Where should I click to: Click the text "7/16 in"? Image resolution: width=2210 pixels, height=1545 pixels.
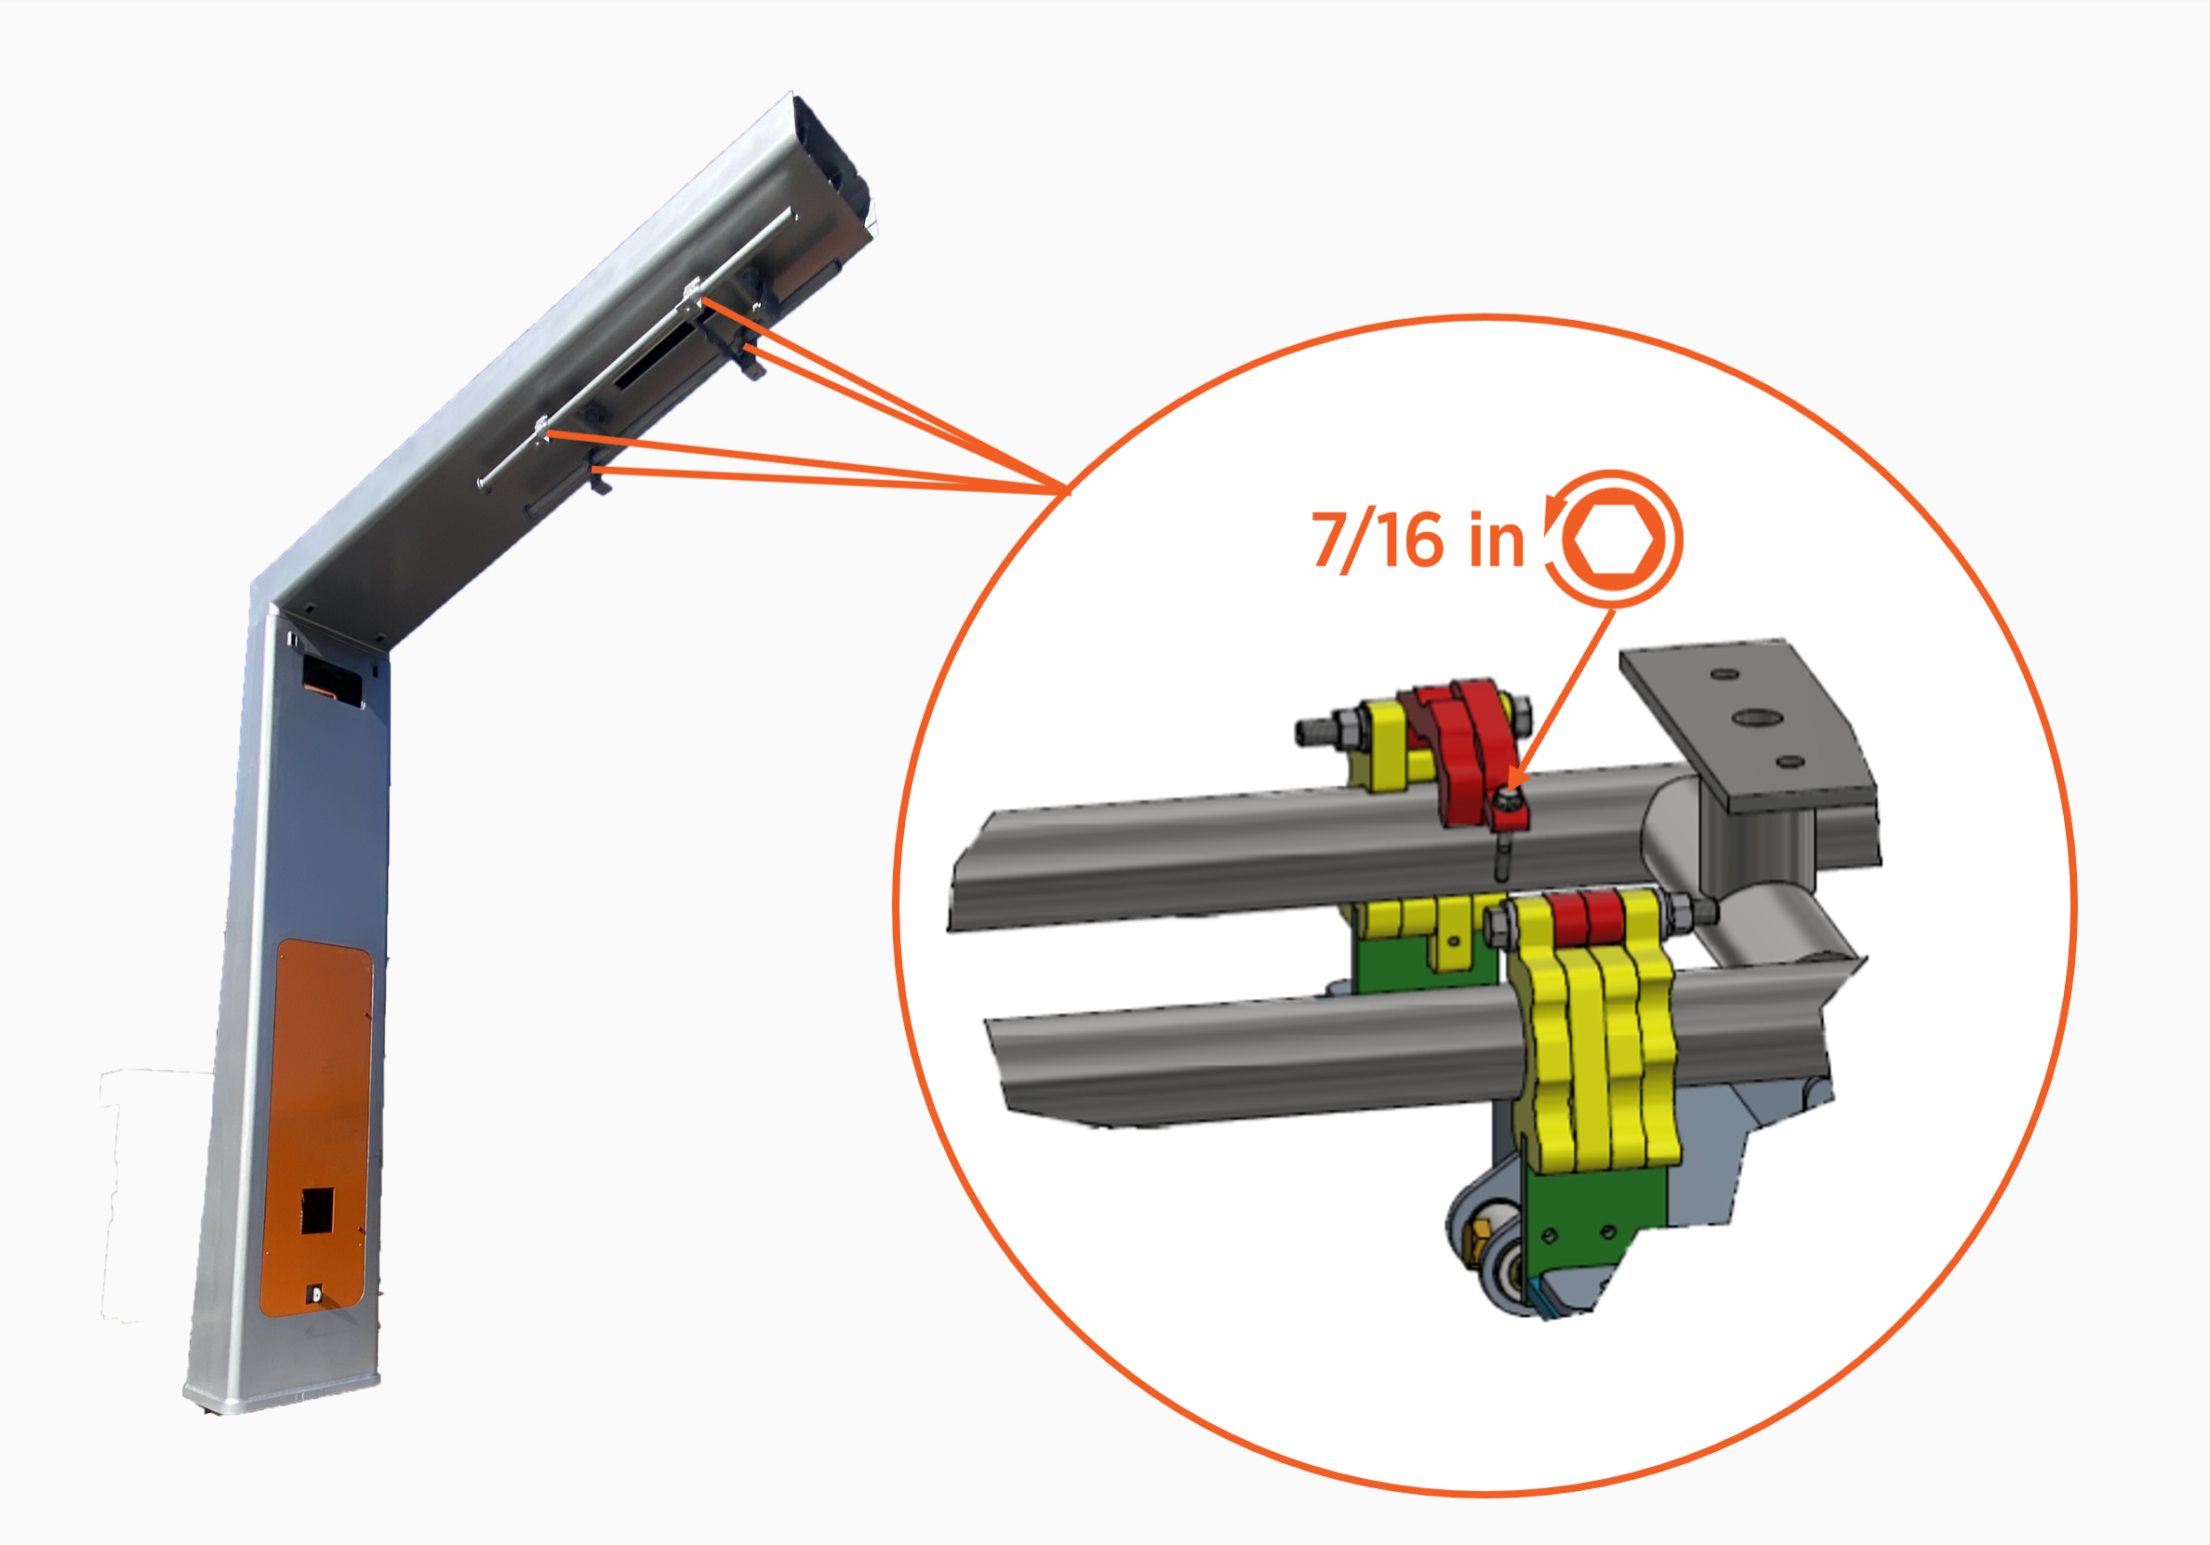[1418, 541]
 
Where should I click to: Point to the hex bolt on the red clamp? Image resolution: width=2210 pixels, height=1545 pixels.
[1511, 799]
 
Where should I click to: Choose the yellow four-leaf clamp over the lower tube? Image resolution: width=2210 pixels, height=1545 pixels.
[1595, 1030]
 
